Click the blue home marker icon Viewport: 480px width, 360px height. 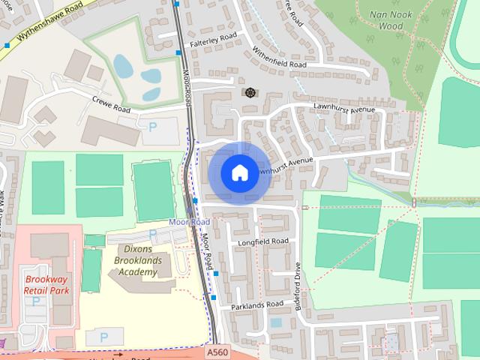(x=239, y=172)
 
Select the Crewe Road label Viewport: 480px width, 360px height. (x=112, y=104)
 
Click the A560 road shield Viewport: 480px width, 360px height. (x=217, y=350)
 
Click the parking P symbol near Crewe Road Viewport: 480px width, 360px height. (x=153, y=128)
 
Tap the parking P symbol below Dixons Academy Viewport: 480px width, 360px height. (x=103, y=337)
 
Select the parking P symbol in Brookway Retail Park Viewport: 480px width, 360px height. (x=35, y=301)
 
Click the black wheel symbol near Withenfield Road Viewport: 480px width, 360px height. (x=248, y=92)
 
